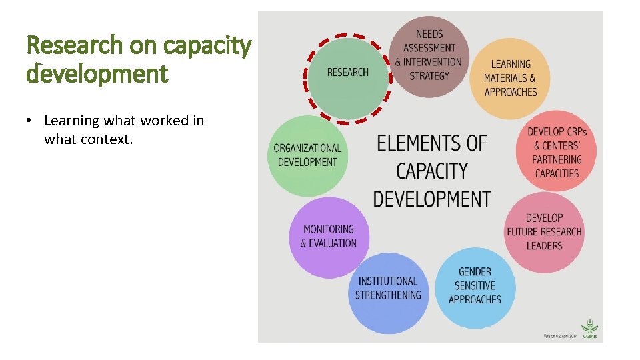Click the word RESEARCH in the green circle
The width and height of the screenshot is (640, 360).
point(347,73)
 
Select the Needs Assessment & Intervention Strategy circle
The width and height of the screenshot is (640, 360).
point(429,55)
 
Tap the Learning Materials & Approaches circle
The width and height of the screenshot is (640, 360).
point(510,79)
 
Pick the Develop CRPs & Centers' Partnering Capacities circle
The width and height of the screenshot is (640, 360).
point(557,153)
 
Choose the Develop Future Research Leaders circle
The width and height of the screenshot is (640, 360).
point(544,232)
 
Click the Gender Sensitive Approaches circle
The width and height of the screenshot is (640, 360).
point(475,286)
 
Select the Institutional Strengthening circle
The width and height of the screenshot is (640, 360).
point(389,289)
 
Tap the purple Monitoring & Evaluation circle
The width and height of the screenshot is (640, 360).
point(329,236)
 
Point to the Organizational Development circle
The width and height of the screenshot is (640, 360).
point(307,155)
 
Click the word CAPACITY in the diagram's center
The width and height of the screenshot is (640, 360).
point(431,171)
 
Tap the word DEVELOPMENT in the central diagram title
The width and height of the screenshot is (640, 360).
point(431,199)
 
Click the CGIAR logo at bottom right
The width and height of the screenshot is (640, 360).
point(590,330)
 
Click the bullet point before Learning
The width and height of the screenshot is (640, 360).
point(29,121)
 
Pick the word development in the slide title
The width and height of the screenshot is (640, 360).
point(97,73)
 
